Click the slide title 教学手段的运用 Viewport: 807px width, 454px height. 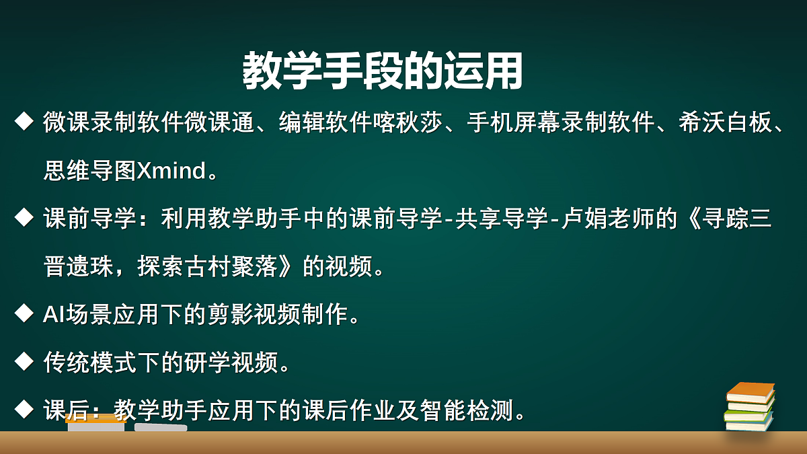(x=382, y=70)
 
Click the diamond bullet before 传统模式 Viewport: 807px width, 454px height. (x=24, y=362)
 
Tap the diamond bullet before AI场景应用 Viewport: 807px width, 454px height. (x=24, y=314)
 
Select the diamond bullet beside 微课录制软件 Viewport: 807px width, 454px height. (x=24, y=122)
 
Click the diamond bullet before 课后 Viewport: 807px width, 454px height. (x=24, y=409)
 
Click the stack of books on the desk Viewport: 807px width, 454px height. (x=749, y=407)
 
